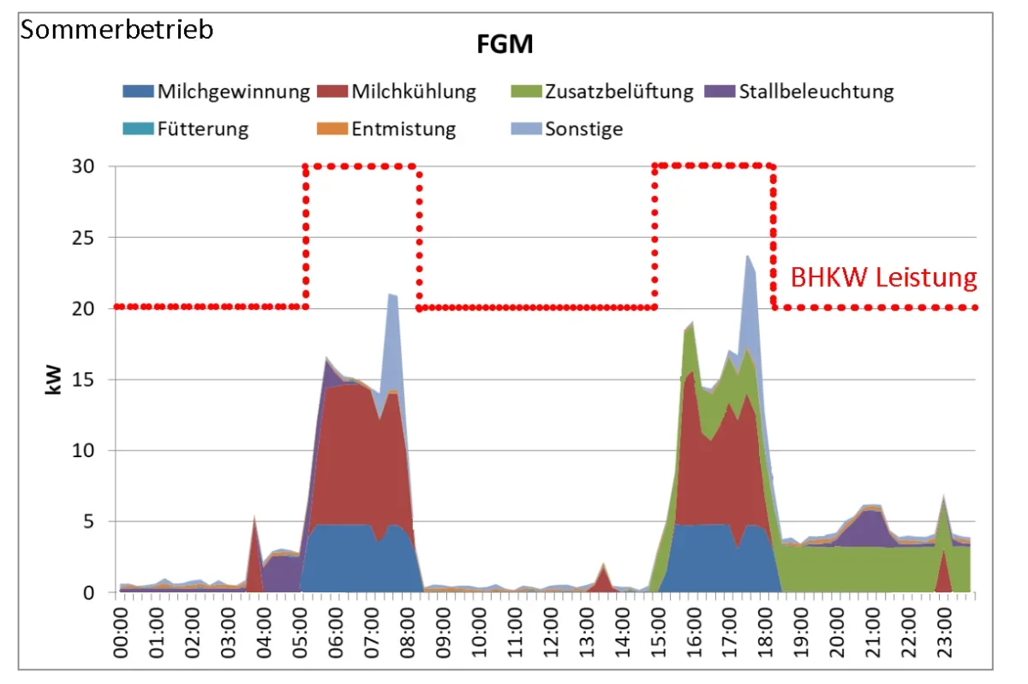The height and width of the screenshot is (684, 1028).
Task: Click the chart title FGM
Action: pos(505,45)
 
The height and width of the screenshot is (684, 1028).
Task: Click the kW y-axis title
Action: pos(53,379)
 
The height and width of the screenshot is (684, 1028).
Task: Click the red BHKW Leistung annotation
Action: pos(883,277)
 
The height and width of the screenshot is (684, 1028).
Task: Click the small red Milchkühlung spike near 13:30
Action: pos(603,579)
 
